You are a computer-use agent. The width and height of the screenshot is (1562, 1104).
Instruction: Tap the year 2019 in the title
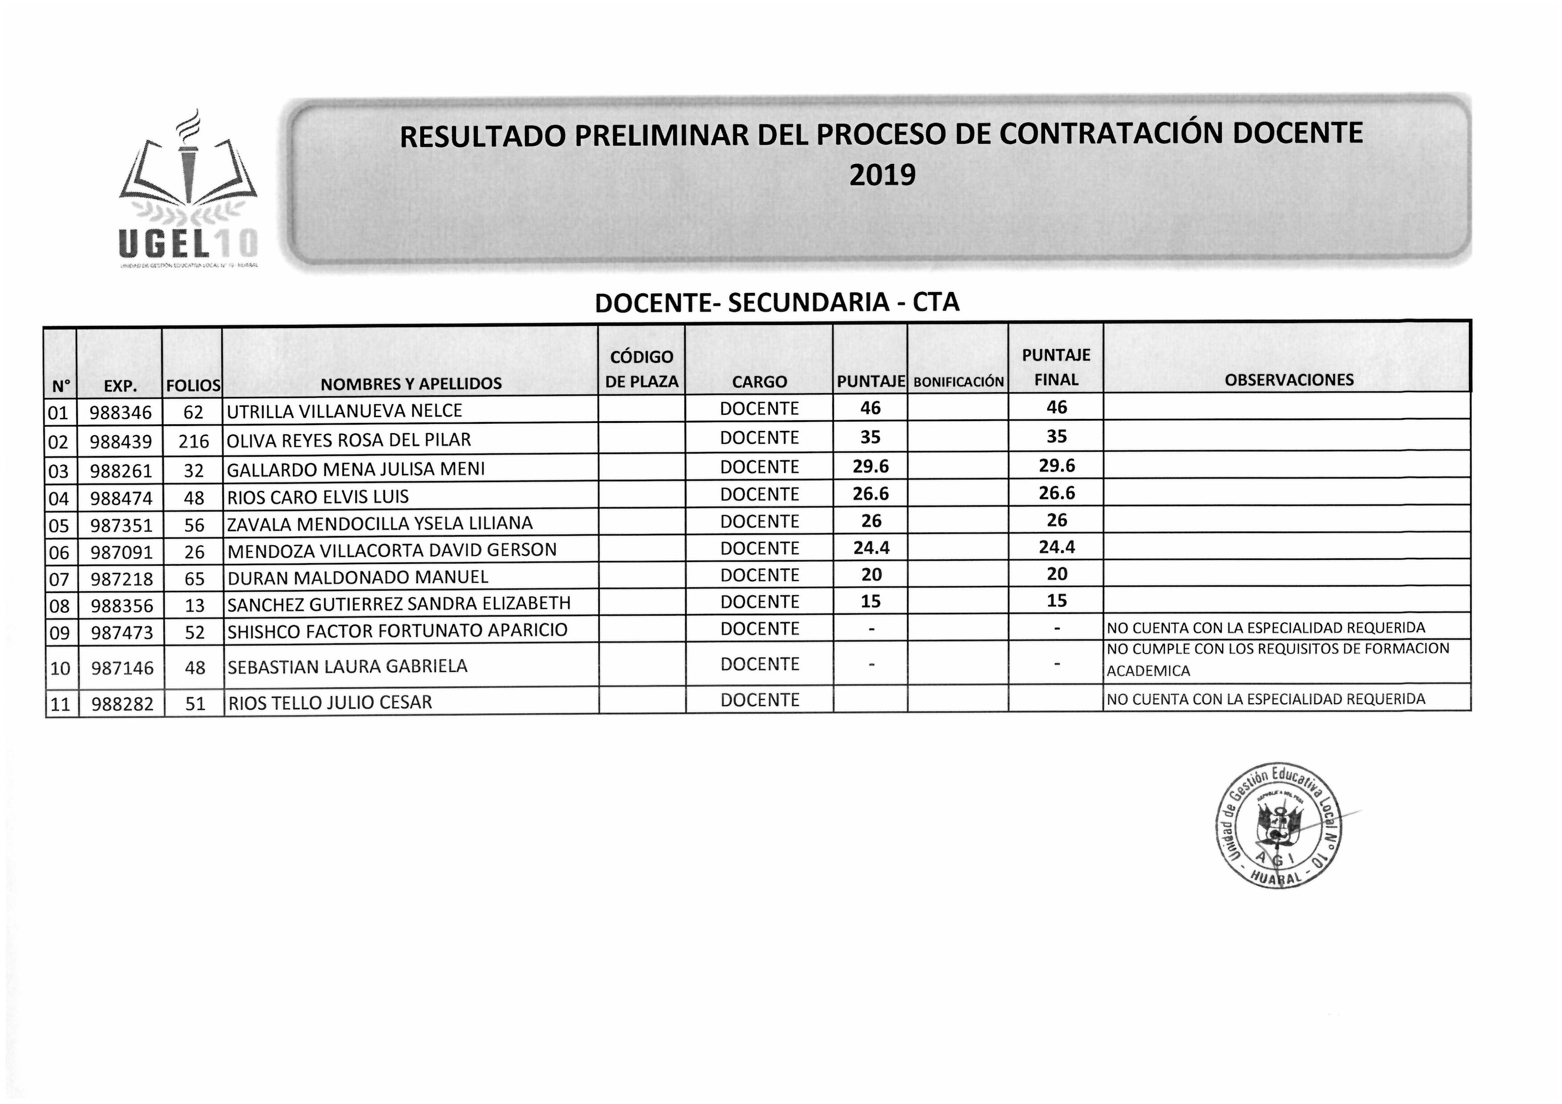[883, 175]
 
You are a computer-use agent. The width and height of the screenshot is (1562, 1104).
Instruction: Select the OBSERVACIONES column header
[1289, 380]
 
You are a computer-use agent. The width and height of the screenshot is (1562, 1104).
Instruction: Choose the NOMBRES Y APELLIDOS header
[411, 384]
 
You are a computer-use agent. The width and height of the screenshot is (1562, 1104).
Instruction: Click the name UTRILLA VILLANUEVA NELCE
[344, 411]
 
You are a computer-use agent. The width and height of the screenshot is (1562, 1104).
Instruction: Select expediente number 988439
[121, 442]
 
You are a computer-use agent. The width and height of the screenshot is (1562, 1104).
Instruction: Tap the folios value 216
[194, 442]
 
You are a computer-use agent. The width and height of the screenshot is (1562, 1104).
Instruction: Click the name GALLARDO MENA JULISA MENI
[356, 469]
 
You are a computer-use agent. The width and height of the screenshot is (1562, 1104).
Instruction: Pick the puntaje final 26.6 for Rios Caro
[1057, 493]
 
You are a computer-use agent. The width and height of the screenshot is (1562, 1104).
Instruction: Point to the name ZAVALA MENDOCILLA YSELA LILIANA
[380, 524]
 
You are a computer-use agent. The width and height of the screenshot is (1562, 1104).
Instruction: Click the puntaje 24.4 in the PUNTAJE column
[871, 548]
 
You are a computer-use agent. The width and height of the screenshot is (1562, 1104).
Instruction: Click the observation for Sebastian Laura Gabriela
[1277, 660]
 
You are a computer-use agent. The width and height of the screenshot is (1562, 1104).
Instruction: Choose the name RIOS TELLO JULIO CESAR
[330, 702]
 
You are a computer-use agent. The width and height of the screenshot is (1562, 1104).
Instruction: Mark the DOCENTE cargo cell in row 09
[759, 629]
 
